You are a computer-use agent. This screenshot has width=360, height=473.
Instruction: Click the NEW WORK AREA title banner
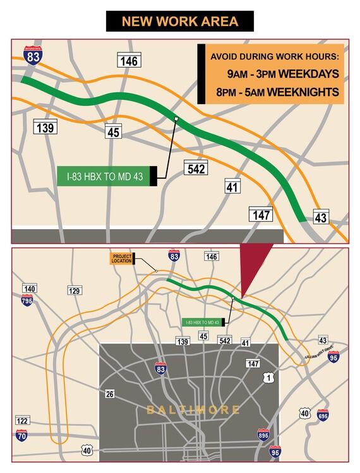click(180, 21)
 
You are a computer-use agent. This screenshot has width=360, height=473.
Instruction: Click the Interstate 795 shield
click(27, 300)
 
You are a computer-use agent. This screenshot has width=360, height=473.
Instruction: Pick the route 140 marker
click(29, 289)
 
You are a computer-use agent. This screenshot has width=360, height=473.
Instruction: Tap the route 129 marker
click(75, 290)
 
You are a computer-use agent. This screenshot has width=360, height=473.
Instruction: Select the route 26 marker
click(110, 394)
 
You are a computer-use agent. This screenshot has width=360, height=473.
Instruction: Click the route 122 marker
click(22, 421)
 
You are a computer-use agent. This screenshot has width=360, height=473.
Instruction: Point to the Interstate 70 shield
click(21, 434)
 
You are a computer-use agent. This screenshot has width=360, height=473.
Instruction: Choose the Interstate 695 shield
click(323, 415)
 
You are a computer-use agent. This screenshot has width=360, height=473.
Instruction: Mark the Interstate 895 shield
click(263, 434)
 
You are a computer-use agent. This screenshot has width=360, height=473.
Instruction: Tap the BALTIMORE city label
click(193, 410)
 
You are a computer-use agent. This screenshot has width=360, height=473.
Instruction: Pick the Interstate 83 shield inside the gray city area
click(161, 368)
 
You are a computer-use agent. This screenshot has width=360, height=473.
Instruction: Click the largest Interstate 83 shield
click(33, 56)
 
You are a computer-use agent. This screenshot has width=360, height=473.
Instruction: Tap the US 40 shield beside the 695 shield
click(306, 414)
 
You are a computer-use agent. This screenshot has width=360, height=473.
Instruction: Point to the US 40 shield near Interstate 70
click(87, 450)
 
